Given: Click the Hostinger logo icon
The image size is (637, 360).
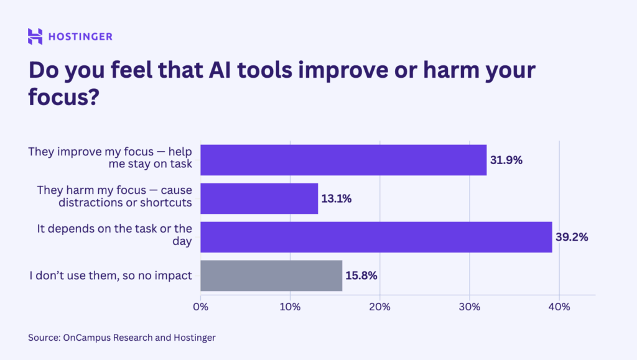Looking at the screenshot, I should click(35, 36).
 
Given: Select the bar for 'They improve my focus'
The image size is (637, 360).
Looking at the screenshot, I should click(343, 160).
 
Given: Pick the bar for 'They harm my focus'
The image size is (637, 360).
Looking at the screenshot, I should click(259, 198).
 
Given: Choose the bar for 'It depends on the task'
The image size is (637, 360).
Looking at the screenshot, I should click(376, 237).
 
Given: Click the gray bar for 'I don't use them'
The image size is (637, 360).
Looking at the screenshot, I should click(271, 275).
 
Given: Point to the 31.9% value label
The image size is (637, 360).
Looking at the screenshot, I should click(506, 160).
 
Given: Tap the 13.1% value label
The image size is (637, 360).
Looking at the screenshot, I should click(337, 199).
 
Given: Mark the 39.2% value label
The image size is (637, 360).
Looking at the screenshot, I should click(572, 238).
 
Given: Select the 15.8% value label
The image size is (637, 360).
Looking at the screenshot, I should click(362, 276).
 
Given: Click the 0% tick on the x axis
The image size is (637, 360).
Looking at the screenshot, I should click(200, 307).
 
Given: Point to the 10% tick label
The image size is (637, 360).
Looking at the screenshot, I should click(290, 307).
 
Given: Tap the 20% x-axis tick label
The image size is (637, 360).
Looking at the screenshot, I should click(379, 307).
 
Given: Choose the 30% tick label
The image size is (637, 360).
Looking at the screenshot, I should click(469, 307).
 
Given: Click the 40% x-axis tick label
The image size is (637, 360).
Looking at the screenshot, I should click(559, 307).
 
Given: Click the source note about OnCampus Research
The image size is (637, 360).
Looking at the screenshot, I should click(121, 338).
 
